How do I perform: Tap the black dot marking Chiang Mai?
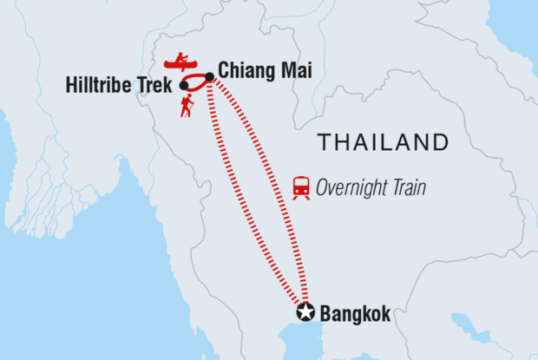[209, 76]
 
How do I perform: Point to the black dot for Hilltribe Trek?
[183, 86]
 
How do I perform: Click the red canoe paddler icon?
[180, 63]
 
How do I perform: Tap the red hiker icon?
[187, 106]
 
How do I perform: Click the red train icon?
[301, 187]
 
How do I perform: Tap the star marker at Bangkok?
[305, 313]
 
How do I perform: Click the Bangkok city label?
[356, 314]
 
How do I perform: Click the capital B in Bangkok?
[326, 314]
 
